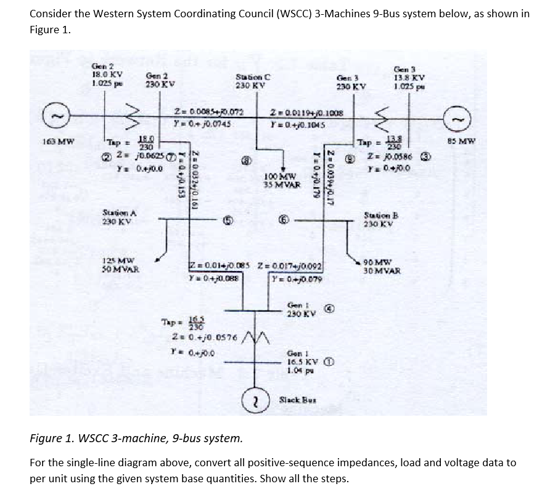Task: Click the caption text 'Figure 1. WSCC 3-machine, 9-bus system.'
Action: tap(136, 438)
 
